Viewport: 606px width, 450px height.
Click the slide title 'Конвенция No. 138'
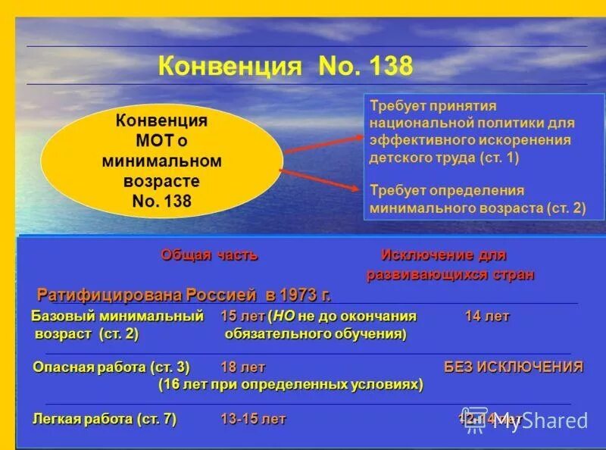(286, 66)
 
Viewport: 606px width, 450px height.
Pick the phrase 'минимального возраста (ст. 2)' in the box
(477, 207)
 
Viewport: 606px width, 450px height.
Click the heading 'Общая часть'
(209, 255)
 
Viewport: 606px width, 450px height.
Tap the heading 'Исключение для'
(443, 255)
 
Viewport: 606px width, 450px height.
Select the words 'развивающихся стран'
(451, 274)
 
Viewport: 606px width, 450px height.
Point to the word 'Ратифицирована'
(94, 295)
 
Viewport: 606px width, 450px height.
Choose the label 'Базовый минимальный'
(117, 316)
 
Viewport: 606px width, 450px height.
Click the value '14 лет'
(487, 316)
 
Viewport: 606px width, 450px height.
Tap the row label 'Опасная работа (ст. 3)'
(111, 367)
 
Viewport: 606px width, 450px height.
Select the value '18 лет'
(242, 367)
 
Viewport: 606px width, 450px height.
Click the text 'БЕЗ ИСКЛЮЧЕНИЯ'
(513, 367)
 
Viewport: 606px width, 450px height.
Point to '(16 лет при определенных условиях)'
(290, 385)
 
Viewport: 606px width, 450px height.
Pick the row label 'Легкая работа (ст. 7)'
(105, 419)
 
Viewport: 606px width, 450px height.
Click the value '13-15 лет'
(253, 419)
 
